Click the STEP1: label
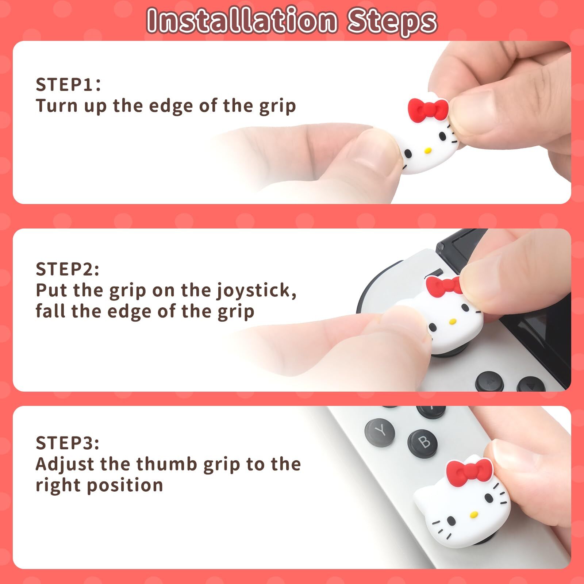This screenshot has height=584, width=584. coord(68,85)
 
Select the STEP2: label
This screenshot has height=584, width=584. coord(68,269)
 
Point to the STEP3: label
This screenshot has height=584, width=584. coord(68,443)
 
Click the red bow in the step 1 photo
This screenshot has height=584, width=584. coord(428,109)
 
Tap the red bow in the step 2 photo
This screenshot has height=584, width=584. coord(444,287)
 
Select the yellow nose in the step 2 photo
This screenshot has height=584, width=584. coord(453,322)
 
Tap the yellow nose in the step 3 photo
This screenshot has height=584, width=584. coord(474,515)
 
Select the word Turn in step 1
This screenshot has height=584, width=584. coord(57,106)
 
